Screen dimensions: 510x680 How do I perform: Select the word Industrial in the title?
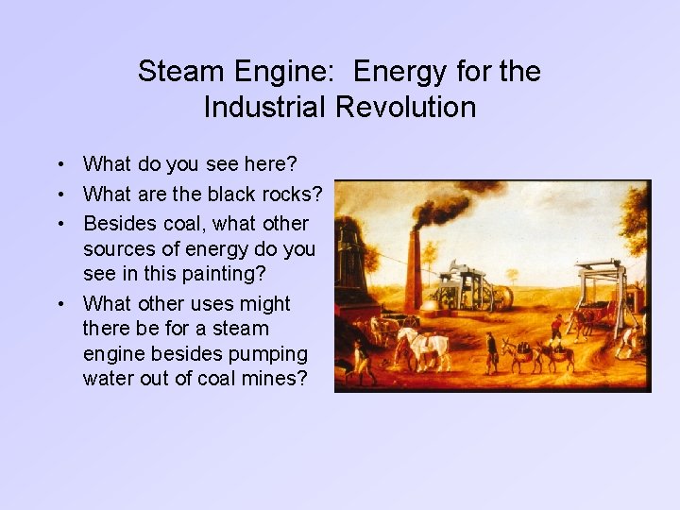point(264,107)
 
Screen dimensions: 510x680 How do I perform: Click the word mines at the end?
point(280,379)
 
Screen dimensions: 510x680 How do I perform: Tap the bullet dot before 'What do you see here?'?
point(59,164)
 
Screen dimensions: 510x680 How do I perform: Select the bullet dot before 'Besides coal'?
point(59,224)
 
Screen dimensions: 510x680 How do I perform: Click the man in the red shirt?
point(556,328)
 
